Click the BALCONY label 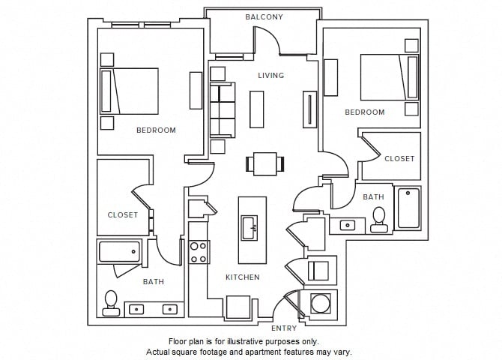[x=264, y=16]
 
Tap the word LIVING [x=270, y=75]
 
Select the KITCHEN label [x=243, y=277]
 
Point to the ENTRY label [x=284, y=328]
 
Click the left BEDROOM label [x=156, y=130]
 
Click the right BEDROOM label [x=364, y=112]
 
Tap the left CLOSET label [x=122, y=214]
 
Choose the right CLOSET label [x=399, y=159]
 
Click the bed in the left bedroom [x=130, y=91]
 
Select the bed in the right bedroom [x=389, y=76]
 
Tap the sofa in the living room [x=223, y=109]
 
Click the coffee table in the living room [x=256, y=109]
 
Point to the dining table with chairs [x=265, y=163]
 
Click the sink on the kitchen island [x=250, y=226]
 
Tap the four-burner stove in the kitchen [x=199, y=252]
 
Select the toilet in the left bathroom [x=111, y=301]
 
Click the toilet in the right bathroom [x=379, y=218]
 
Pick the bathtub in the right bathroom [x=408, y=208]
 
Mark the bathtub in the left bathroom [x=119, y=251]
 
